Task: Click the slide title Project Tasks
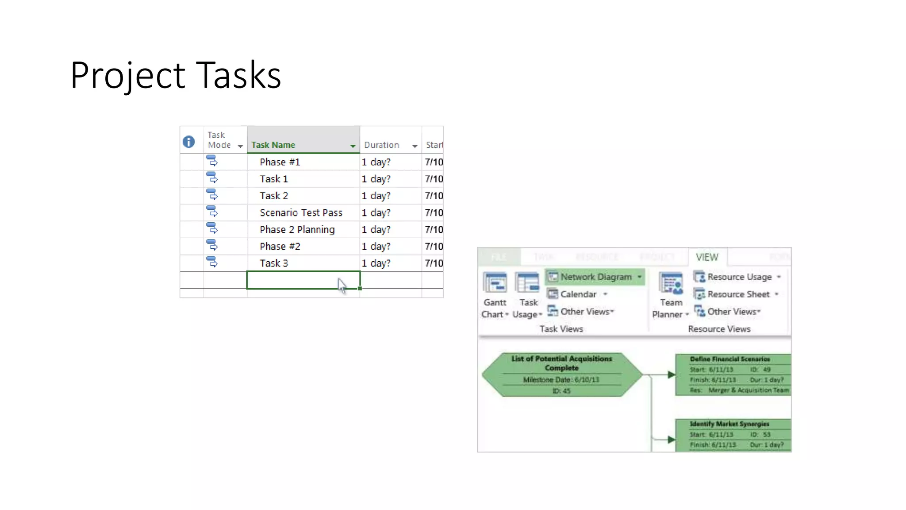click(175, 75)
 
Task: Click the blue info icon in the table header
click(189, 142)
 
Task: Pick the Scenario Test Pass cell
click(301, 213)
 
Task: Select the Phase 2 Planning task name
click(297, 230)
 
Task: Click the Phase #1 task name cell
click(280, 162)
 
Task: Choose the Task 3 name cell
click(273, 263)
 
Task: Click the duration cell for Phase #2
click(376, 247)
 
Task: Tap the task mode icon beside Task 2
click(212, 195)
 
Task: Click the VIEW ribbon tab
click(706, 257)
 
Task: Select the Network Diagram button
click(595, 277)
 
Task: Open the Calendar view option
click(577, 294)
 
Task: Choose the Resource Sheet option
click(737, 294)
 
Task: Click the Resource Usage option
click(739, 277)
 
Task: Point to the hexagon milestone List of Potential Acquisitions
click(561, 374)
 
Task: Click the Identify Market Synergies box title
click(729, 424)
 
